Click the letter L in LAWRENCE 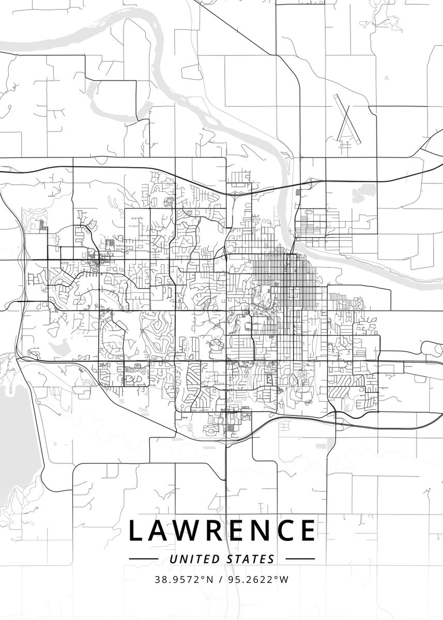click(135, 531)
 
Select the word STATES click(250, 559)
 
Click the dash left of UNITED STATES click(143, 559)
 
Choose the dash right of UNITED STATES click(300, 559)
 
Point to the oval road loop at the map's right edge click(431, 348)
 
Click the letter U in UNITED click(172, 559)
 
